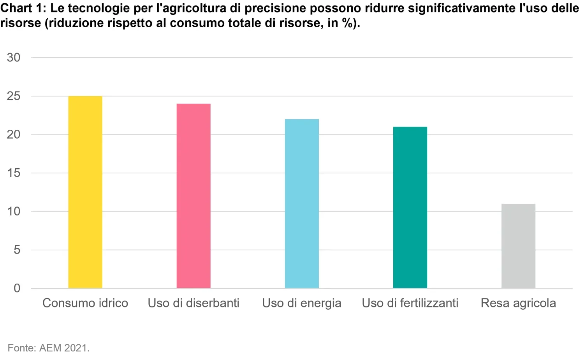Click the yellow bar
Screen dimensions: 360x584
click(x=85, y=192)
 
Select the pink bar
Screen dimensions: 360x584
click(x=193, y=196)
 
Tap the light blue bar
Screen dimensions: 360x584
click(x=302, y=204)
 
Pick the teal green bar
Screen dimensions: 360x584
click(x=410, y=207)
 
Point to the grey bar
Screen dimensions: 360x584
click(x=518, y=246)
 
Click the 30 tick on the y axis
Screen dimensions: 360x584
click(x=14, y=58)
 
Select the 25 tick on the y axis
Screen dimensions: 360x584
click(x=14, y=96)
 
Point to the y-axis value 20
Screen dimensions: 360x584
click(x=14, y=134)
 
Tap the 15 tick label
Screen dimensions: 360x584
click(x=14, y=173)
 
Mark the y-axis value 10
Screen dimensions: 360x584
click(x=14, y=212)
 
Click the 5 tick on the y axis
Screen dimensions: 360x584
click(x=17, y=250)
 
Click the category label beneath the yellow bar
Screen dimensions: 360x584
click(x=85, y=303)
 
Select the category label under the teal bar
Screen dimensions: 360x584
click(x=411, y=303)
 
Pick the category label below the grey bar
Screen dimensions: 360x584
click(x=518, y=303)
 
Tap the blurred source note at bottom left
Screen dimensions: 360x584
click(x=48, y=347)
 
